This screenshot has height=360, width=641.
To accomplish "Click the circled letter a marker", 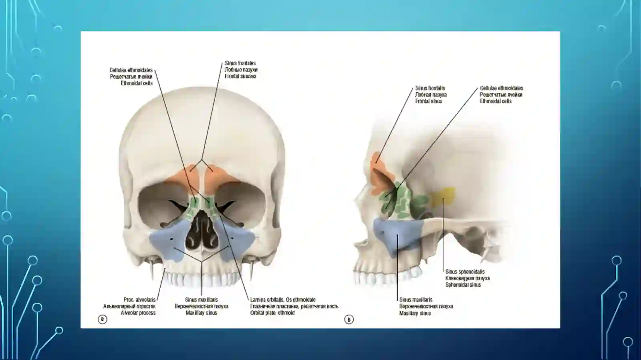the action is click(x=103, y=319).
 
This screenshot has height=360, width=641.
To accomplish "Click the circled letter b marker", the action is click(x=349, y=320).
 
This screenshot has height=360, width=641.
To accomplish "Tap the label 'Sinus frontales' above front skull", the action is click(x=240, y=63).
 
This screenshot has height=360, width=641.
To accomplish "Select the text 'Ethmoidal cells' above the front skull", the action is click(x=137, y=83).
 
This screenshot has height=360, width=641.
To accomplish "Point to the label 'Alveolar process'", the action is click(x=138, y=313).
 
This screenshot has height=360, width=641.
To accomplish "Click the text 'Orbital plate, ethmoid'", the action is click(x=272, y=313).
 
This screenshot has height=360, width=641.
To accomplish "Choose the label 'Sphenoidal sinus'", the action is click(x=463, y=285).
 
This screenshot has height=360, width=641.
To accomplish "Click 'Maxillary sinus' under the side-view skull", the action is click(x=415, y=314).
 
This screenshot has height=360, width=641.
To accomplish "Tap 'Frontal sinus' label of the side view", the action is click(x=429, y=101).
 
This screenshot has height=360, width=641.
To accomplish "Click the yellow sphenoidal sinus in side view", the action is click(x=443, y=196).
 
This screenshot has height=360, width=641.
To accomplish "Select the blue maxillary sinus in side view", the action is click(x=398, y=236).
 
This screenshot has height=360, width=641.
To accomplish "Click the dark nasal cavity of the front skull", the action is click(x=202, y=233).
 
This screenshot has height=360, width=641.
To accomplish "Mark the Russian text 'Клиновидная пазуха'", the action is click(x=467, y=278).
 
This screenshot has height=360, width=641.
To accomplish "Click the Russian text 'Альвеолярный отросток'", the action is click(x=129, y=306).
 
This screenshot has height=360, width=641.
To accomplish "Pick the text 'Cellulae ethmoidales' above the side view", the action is click(x=501, y=88).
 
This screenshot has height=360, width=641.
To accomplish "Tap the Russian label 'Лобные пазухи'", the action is click(x=241, y=70).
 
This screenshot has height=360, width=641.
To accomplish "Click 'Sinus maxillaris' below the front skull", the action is click(x=201, y=300).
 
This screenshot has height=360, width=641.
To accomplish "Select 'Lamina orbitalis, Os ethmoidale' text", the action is click(x=283, y=300).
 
